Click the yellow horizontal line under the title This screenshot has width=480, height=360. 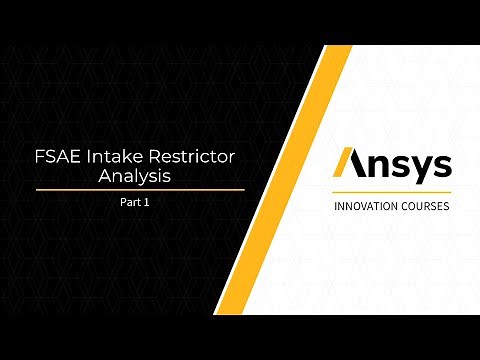[140, 189]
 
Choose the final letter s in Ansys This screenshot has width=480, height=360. [439, 165]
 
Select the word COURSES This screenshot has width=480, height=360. [423, 207]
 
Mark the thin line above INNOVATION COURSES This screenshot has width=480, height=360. [391, 193]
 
